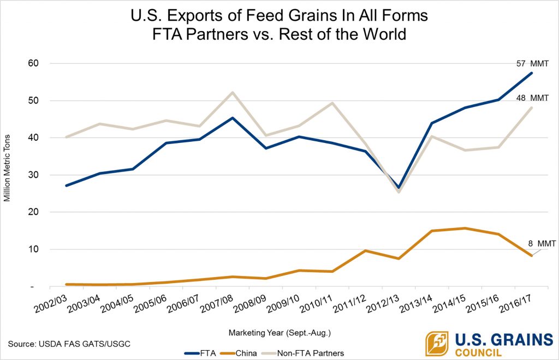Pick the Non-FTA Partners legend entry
point(306,353)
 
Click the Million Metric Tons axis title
point(7,175)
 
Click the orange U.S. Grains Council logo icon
point(437,344)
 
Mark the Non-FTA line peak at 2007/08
point(233,92)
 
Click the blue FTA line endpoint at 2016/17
point(531,73)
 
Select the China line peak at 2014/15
point(465,228)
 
